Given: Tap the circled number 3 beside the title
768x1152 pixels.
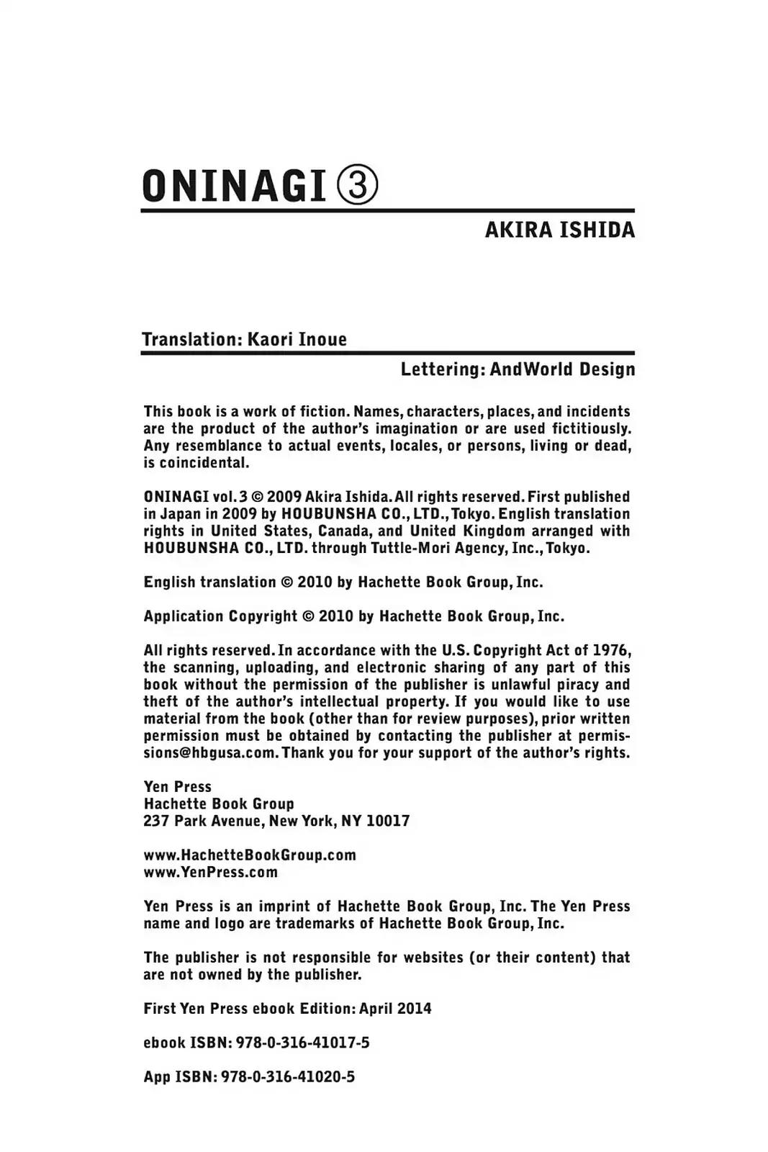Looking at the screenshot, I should coord(357,185).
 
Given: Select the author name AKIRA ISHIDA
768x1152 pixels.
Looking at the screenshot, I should coord(559,230).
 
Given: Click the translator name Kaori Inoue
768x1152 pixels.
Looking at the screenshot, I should coord(297,339).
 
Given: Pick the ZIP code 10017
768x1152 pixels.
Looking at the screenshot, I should coord(388,821).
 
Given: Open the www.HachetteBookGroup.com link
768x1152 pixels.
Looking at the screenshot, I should coord(250,855).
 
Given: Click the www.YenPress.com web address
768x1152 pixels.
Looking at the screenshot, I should coord(210,872).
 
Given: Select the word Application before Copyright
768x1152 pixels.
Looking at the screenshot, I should coord(184,616).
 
